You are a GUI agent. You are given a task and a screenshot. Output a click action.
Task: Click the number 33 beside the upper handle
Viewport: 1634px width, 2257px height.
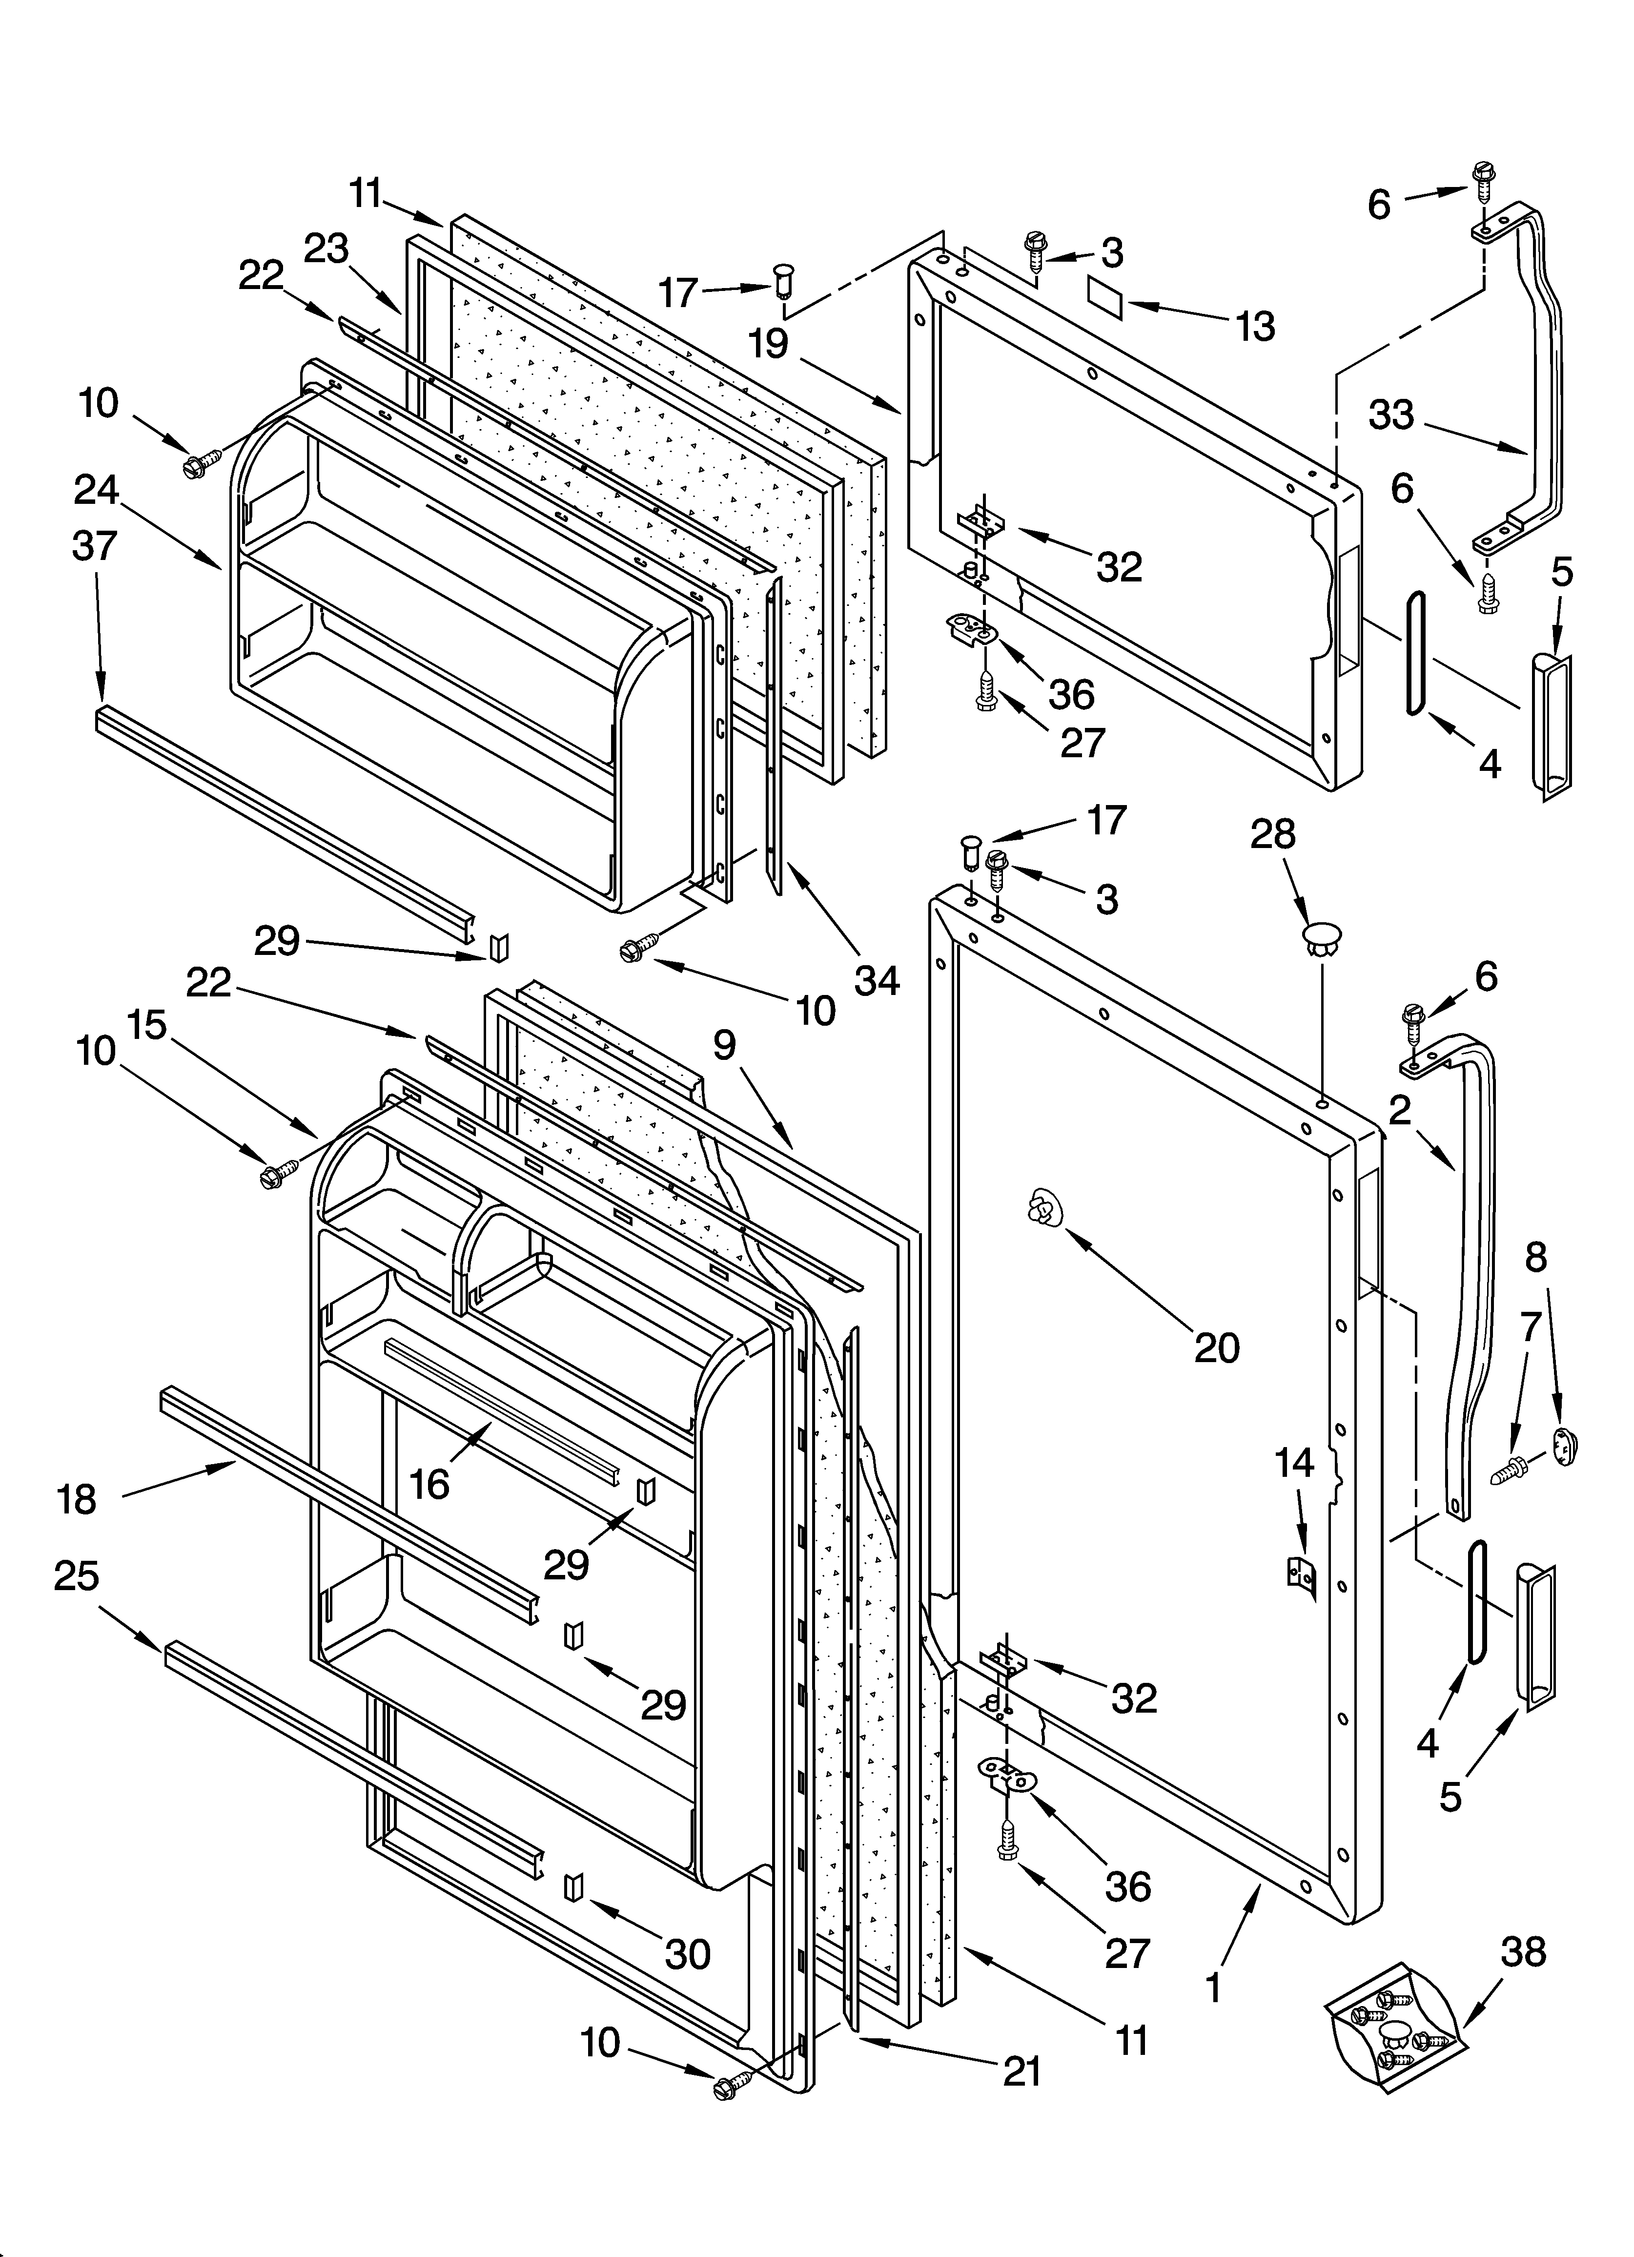[x=1391, y=414]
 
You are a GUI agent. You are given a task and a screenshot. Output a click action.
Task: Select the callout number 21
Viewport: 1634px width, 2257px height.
[x=1022, y=2071]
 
